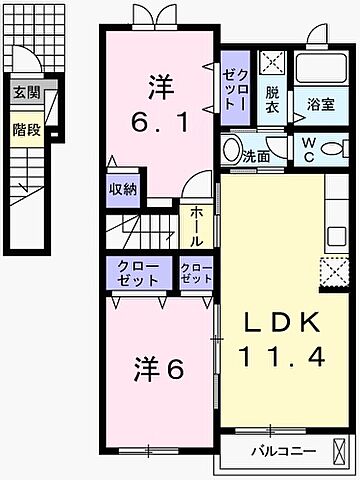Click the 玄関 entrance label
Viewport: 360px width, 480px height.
click(27, 93)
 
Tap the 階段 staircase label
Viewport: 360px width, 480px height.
click(27, 128)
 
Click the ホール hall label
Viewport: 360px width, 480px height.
click(194, 226)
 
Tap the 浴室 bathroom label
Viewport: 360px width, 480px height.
click(320, 102)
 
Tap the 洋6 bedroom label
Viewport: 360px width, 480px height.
click(156, 369)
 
